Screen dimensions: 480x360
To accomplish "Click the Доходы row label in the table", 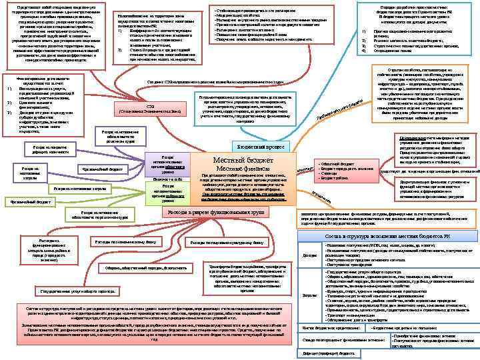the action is [x=310, y=255].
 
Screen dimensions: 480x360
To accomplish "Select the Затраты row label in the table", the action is [x=310, y=295].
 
